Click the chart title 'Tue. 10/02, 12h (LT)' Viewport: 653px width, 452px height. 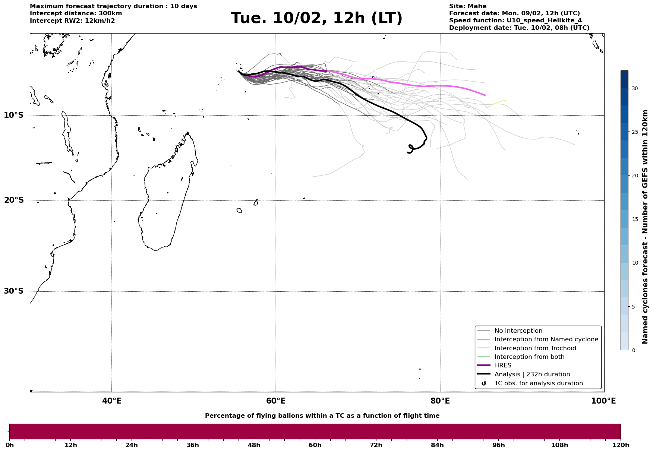coord(316,18)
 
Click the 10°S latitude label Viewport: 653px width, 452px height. coord(14,115)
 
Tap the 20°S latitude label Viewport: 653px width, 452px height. coord(14,200)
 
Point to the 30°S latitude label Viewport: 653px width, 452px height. coord(14,291)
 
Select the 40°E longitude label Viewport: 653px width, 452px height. coord(112,401)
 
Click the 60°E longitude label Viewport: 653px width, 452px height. coord(276,401)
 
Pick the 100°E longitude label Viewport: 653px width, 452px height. coord(603,401)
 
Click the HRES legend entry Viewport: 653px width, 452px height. coord(503,366)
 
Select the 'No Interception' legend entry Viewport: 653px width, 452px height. coord(518,331)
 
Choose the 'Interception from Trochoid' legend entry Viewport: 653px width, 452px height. coord(535,348)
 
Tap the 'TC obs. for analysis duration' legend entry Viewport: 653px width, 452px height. coord(538,383)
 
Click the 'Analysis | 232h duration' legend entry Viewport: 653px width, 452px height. coord(532,374)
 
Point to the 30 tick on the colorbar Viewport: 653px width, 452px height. coord(634,88)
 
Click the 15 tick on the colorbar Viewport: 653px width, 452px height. coord(634,219)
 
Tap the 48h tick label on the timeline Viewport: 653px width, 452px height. coord(254,445)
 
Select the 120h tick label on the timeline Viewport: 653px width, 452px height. coord(620,445)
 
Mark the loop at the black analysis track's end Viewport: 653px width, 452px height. coord(410,149)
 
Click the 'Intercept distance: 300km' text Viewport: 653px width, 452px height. coord(76,13)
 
